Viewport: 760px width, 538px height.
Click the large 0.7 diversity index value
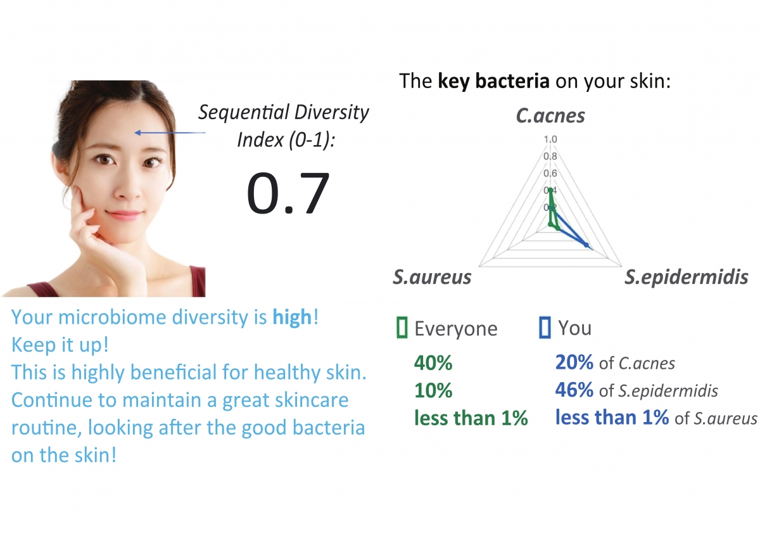288,193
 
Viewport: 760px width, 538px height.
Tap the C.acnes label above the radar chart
550,116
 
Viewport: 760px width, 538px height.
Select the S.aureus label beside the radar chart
432,277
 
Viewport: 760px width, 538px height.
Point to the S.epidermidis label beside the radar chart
687,277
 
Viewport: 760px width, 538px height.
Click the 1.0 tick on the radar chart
550,139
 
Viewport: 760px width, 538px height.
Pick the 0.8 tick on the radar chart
550,156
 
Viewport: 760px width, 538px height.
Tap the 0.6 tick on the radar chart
550,173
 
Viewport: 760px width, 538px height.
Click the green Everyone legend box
402,328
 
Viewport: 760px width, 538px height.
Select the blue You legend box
545,328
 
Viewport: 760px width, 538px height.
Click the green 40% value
433,363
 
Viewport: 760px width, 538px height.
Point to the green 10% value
433,390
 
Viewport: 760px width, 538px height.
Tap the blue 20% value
574,362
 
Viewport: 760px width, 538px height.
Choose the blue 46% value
574,390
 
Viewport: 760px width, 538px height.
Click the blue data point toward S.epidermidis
586,245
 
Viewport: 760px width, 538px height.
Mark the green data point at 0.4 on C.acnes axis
550,189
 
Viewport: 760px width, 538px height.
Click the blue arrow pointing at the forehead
170,132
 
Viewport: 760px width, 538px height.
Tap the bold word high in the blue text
292,317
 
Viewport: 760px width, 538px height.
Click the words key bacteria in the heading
493,82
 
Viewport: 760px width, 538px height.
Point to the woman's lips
123,215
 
